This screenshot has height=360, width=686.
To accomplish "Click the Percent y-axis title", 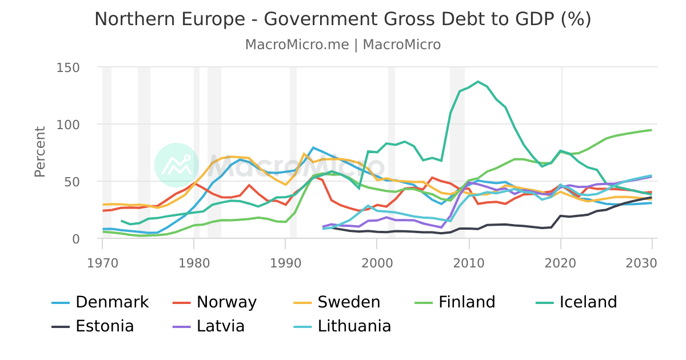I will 39,152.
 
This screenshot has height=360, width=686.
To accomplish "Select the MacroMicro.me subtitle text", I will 297,45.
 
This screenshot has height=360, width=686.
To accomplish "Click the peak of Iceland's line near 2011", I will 478,82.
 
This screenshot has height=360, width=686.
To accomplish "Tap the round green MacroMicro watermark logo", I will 177,165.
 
